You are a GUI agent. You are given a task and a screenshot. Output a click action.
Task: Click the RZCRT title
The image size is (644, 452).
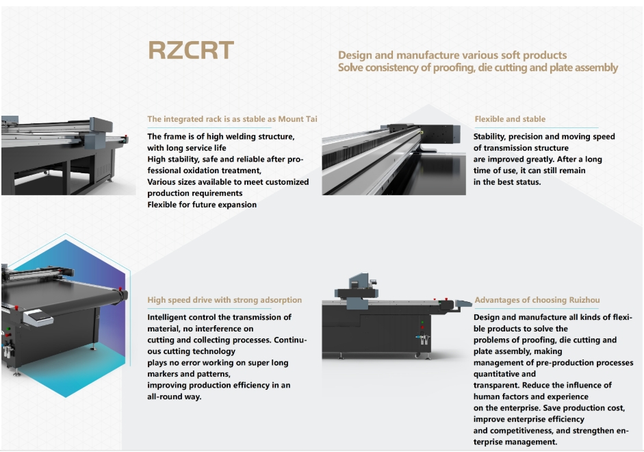point(191,51)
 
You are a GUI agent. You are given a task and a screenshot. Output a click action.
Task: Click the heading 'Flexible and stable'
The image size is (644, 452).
point(510,119)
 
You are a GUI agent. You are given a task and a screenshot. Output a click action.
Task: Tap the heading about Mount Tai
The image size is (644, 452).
point(232,119)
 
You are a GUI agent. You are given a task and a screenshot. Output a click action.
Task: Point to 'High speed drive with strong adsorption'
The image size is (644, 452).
point(224,300)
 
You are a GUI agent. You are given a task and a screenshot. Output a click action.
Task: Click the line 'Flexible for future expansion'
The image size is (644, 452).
point(202,205)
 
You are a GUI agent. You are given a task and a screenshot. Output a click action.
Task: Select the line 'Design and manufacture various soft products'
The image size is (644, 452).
point(452,55)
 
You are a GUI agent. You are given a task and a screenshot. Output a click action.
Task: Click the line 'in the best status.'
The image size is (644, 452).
point(507,182)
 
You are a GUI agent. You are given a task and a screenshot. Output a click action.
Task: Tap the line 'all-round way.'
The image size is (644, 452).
point(175,397)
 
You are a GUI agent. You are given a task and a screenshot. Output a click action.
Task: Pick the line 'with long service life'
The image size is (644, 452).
point(186,148)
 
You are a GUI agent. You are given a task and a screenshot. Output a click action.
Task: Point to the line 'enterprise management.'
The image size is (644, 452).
point(515,442)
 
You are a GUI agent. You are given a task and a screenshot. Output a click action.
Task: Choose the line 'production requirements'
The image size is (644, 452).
point(194,193)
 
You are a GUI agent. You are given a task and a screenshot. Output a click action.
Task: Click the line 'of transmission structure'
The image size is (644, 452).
point(521,148)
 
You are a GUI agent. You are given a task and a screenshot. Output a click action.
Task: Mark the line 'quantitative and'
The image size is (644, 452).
point(504,374)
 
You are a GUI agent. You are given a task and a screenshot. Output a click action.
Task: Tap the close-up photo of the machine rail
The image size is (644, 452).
point(394,160)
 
